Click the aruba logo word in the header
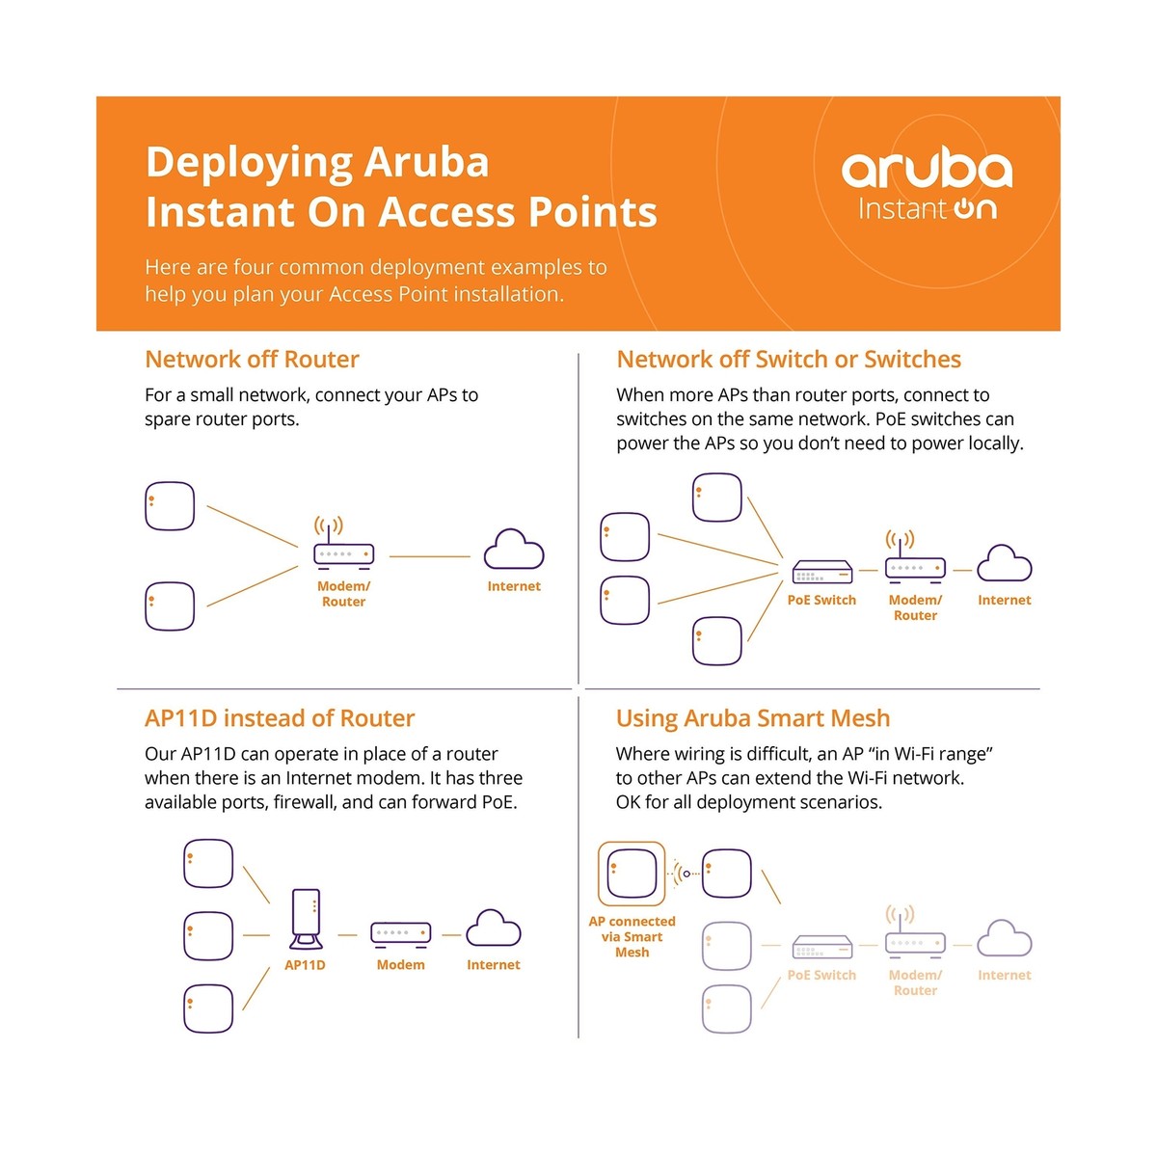(927, 171)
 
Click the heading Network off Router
(252, 360)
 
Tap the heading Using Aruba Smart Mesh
(753, 718)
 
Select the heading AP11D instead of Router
(280, 718)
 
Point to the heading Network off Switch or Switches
(789, 360)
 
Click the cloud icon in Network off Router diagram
(514, 552)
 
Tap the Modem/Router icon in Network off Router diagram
(343, 553)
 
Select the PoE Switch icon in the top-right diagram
(822, 573)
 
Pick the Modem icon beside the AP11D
(400, 933)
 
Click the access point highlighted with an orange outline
(632, 874)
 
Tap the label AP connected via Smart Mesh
(632, 936)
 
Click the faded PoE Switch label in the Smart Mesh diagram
(821, 975)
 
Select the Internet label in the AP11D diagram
(493, 964)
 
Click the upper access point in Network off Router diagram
(170, 506)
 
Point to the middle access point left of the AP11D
(208, 935)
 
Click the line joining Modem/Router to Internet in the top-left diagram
(429, 556)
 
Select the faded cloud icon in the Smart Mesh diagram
(1005, 940)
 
